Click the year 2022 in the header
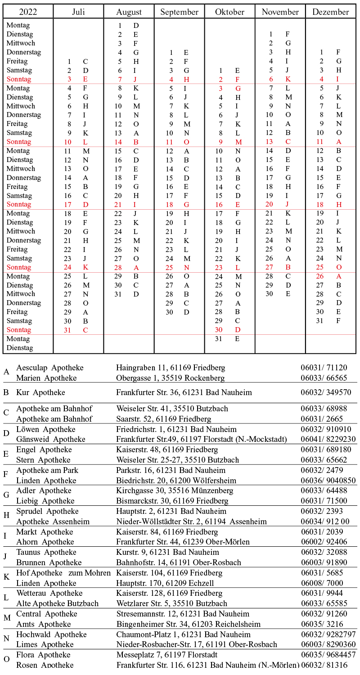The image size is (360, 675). coord(28,12)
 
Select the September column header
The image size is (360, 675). coord(179,12)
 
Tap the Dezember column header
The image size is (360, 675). coord(330,12)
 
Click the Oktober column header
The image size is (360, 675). coord(229,12)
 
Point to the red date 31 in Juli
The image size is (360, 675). coord(69,330)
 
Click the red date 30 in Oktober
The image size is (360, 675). coord(219,330)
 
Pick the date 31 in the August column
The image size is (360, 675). coord(118,294)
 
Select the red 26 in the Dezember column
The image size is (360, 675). coord(319,276)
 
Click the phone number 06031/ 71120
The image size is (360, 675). coord(324,368)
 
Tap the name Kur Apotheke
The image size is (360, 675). coord(40,392)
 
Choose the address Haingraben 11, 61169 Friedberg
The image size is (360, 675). coord(171,368)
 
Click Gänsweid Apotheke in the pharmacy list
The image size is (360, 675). coord(51,439)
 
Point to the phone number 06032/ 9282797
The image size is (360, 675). coord(328,634)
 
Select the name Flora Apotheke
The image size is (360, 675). coord(43,655)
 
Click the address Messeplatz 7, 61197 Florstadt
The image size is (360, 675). coord(166,655)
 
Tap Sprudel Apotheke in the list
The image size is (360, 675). coord(47,511)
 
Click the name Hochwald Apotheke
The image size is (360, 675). coord(51,634)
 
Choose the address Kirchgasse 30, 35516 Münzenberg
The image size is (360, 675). coord(175,490)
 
